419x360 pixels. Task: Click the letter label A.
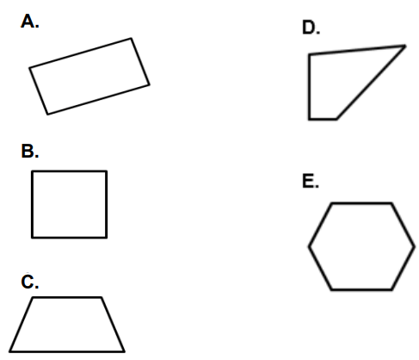(x=29, y=22)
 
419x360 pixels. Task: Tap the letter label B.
(x=30, y=151)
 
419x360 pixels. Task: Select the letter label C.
(x=30, y=282)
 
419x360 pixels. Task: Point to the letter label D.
(x=311, y=28)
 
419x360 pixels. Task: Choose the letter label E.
(x=311, y=182)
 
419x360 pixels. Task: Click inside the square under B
(x=69, y=204)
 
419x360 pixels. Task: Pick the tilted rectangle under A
(x=89, y=77)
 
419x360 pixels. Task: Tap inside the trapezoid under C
(x=67, y=325)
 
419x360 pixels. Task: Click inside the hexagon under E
(x=361, y=246)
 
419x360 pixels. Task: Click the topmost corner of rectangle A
(x=132, y=38)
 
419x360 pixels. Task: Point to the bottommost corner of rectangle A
(x=47, y=115)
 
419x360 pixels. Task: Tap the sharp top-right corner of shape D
(x=405, y=46)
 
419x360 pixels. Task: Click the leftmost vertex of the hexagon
(x=309, y=246)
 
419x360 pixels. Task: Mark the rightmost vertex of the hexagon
(x=415, y=246)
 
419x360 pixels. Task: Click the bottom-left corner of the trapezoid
(x=9, y=351)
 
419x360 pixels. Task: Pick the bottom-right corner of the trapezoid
(x=124, y=351)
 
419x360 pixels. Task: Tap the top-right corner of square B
(x=107, y=171)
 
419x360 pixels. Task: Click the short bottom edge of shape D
(x=323, y=119)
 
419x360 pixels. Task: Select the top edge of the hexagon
(x=361, y=203)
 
